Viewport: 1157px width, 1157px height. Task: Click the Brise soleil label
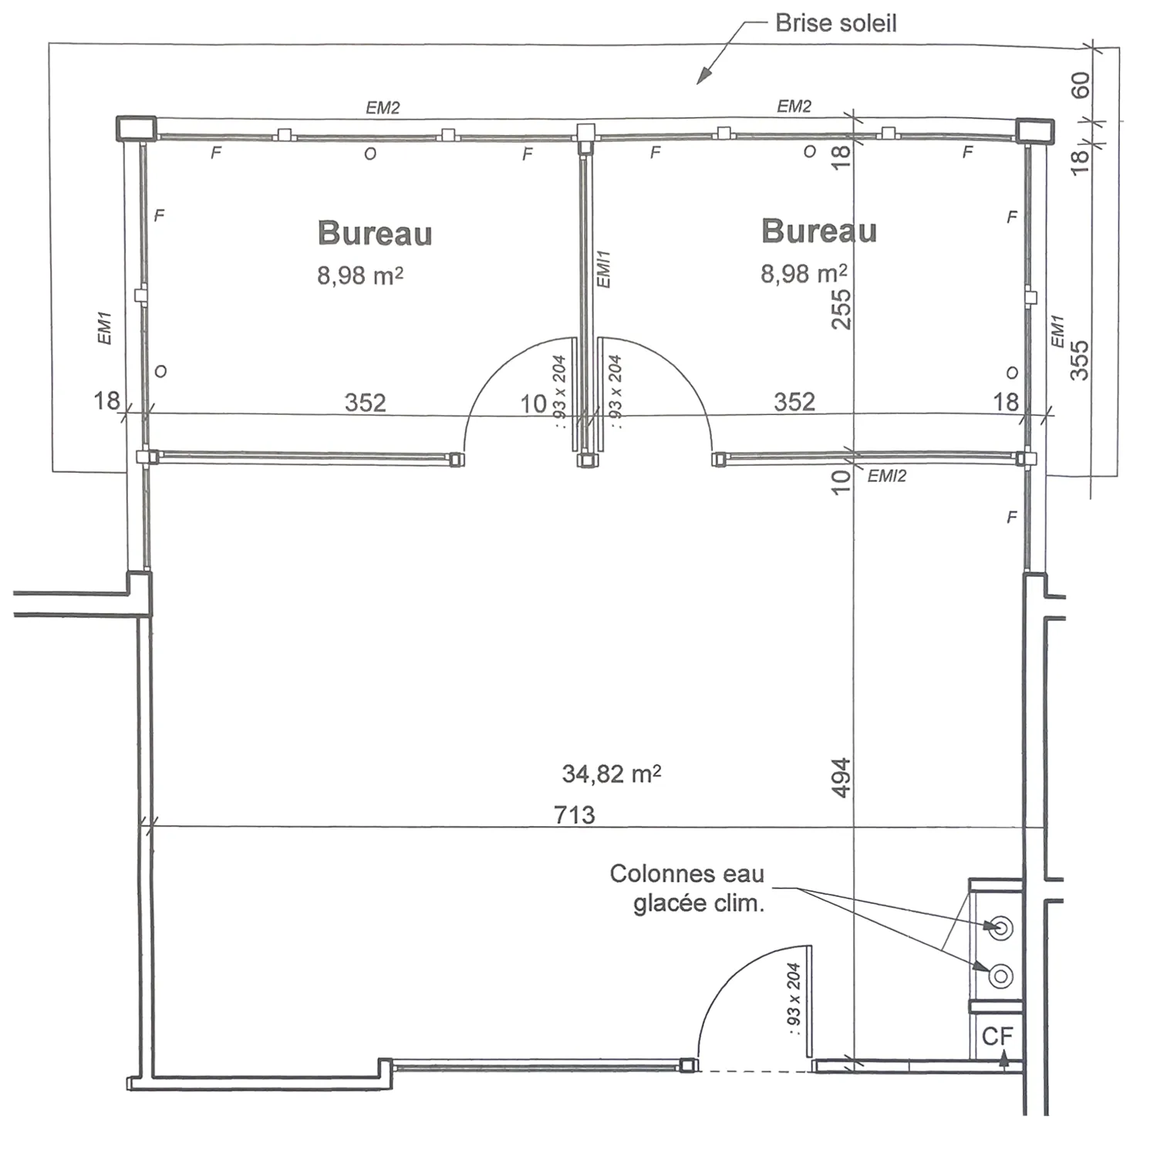(836, 23)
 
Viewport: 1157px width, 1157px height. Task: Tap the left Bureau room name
(375, 233)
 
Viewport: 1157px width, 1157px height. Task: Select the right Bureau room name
(819, 231)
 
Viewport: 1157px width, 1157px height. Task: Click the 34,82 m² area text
(612, 774)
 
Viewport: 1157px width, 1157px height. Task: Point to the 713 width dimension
(575, 815)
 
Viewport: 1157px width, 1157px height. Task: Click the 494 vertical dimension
(842, 778)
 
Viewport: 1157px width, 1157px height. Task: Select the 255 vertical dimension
(842, 309)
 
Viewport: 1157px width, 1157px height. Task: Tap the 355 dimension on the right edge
(1080, 360)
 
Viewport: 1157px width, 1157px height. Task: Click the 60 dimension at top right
(1081, 85)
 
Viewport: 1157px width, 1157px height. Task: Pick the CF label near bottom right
(997, 1036)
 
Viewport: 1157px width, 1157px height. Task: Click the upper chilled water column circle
(1001, 927)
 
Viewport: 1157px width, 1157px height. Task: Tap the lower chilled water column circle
(1000, 976)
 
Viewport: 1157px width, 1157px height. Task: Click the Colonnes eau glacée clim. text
(687, 888)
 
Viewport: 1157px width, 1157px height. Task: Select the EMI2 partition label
(887, 476)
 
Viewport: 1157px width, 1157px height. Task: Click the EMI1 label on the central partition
(604, 269)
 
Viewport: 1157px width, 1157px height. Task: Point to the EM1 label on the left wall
(105, 328)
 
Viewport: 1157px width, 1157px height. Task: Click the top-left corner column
(136, 128)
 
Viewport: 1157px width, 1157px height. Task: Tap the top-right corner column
(1034, 131)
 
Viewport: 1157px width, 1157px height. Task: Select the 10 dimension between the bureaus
(533, 403)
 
